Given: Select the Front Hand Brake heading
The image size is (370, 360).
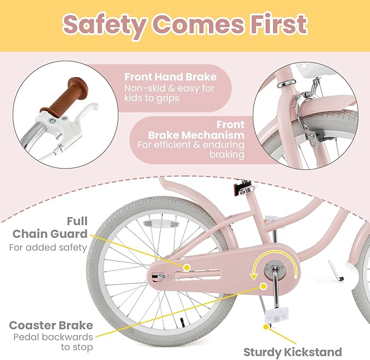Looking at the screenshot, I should pos(170,77).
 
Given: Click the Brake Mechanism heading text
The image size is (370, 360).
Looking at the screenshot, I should pos(197,135).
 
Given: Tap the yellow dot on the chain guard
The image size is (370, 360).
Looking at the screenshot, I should pos(186,267).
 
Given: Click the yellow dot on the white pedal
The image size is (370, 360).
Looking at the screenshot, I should pos(265,327).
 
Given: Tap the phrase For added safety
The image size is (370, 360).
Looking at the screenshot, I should pos(48,247).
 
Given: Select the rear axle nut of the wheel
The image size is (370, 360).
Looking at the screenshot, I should pos(161,277).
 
